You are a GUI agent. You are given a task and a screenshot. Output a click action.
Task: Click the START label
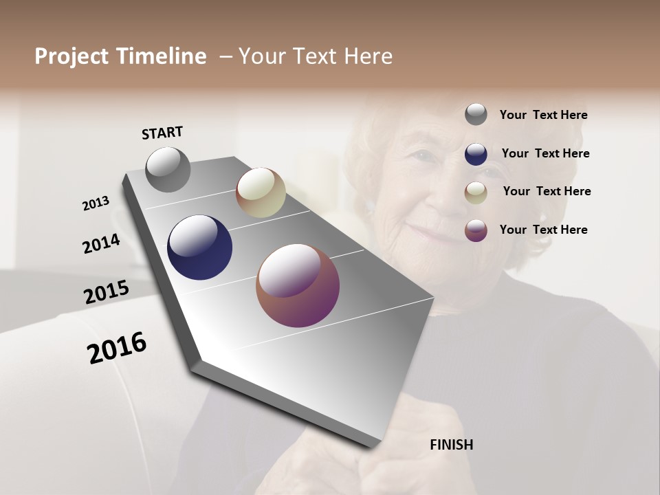[x=162, y=133]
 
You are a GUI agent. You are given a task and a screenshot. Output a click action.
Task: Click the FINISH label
[x=451, y=445]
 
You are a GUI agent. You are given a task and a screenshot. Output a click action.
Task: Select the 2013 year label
[x=96, y=203]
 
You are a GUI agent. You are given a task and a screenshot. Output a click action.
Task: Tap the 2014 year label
[x=101, y=243]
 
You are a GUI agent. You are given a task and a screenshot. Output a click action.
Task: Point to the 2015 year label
[x=107, y=292]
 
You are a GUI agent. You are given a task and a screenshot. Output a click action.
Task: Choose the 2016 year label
[x=117, y=347]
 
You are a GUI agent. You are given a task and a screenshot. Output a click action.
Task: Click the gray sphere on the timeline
[x=168, y=169]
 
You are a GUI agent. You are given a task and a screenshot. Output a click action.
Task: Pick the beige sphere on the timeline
[x=261, y=192]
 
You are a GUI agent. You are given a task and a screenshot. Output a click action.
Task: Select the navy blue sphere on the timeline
[x=199, y=247]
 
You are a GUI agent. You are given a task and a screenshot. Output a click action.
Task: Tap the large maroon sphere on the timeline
[x=298, y=286]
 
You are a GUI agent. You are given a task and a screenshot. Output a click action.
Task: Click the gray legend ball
[x=476, y=114]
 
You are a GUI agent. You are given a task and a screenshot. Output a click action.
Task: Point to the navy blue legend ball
[x=476, y=153]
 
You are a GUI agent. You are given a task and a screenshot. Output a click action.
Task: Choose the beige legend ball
[x=476, y=192]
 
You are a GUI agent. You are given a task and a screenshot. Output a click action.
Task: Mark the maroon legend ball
[x=476, y=230]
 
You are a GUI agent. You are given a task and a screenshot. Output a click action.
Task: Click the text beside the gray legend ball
[x=543, y=115]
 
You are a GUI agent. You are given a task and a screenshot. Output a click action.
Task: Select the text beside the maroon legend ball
[x=543, y=230]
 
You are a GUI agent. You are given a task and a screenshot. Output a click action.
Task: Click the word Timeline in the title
[x=161, y=56]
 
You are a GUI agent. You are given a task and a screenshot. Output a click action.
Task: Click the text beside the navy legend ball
[x=545, y=153]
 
